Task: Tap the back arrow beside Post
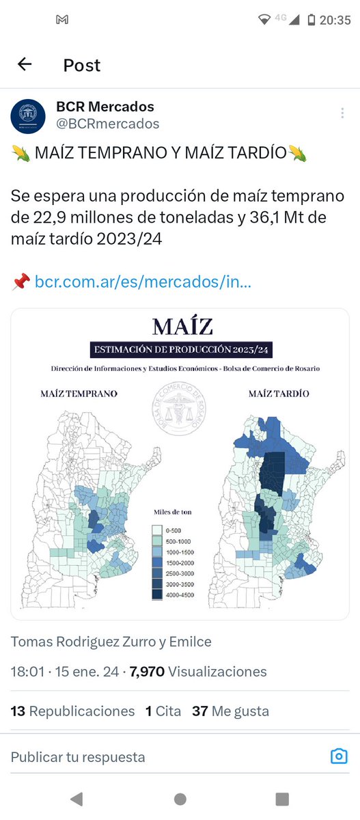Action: tap(25, 65)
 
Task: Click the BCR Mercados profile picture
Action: tap(28, 115)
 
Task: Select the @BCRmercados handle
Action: tap(107, 124)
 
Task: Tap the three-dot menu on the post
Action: tap(342, 113)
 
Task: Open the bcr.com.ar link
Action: tap(143, 281)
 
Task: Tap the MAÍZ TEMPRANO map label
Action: tap(79, 394)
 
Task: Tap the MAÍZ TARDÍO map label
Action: tap(278, 394)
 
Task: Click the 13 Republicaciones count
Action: tap(72, 711)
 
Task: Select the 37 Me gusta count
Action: tap(230, 711)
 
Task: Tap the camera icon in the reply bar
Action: tap(338, 756)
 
